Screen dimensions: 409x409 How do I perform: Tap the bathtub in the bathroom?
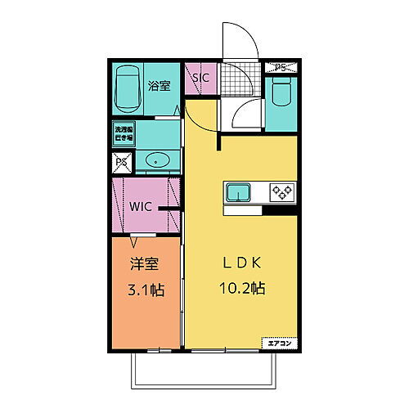(x=128, y=88)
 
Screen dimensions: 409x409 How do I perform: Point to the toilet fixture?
(x=281, y=100)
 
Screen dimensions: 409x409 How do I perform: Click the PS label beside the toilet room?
(x=280, y=67)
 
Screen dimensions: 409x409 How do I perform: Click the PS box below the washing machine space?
(x=121, y=162)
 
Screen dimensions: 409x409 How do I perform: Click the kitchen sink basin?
(x=239, y=193)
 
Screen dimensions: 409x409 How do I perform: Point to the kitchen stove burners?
(x=282, y=193)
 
